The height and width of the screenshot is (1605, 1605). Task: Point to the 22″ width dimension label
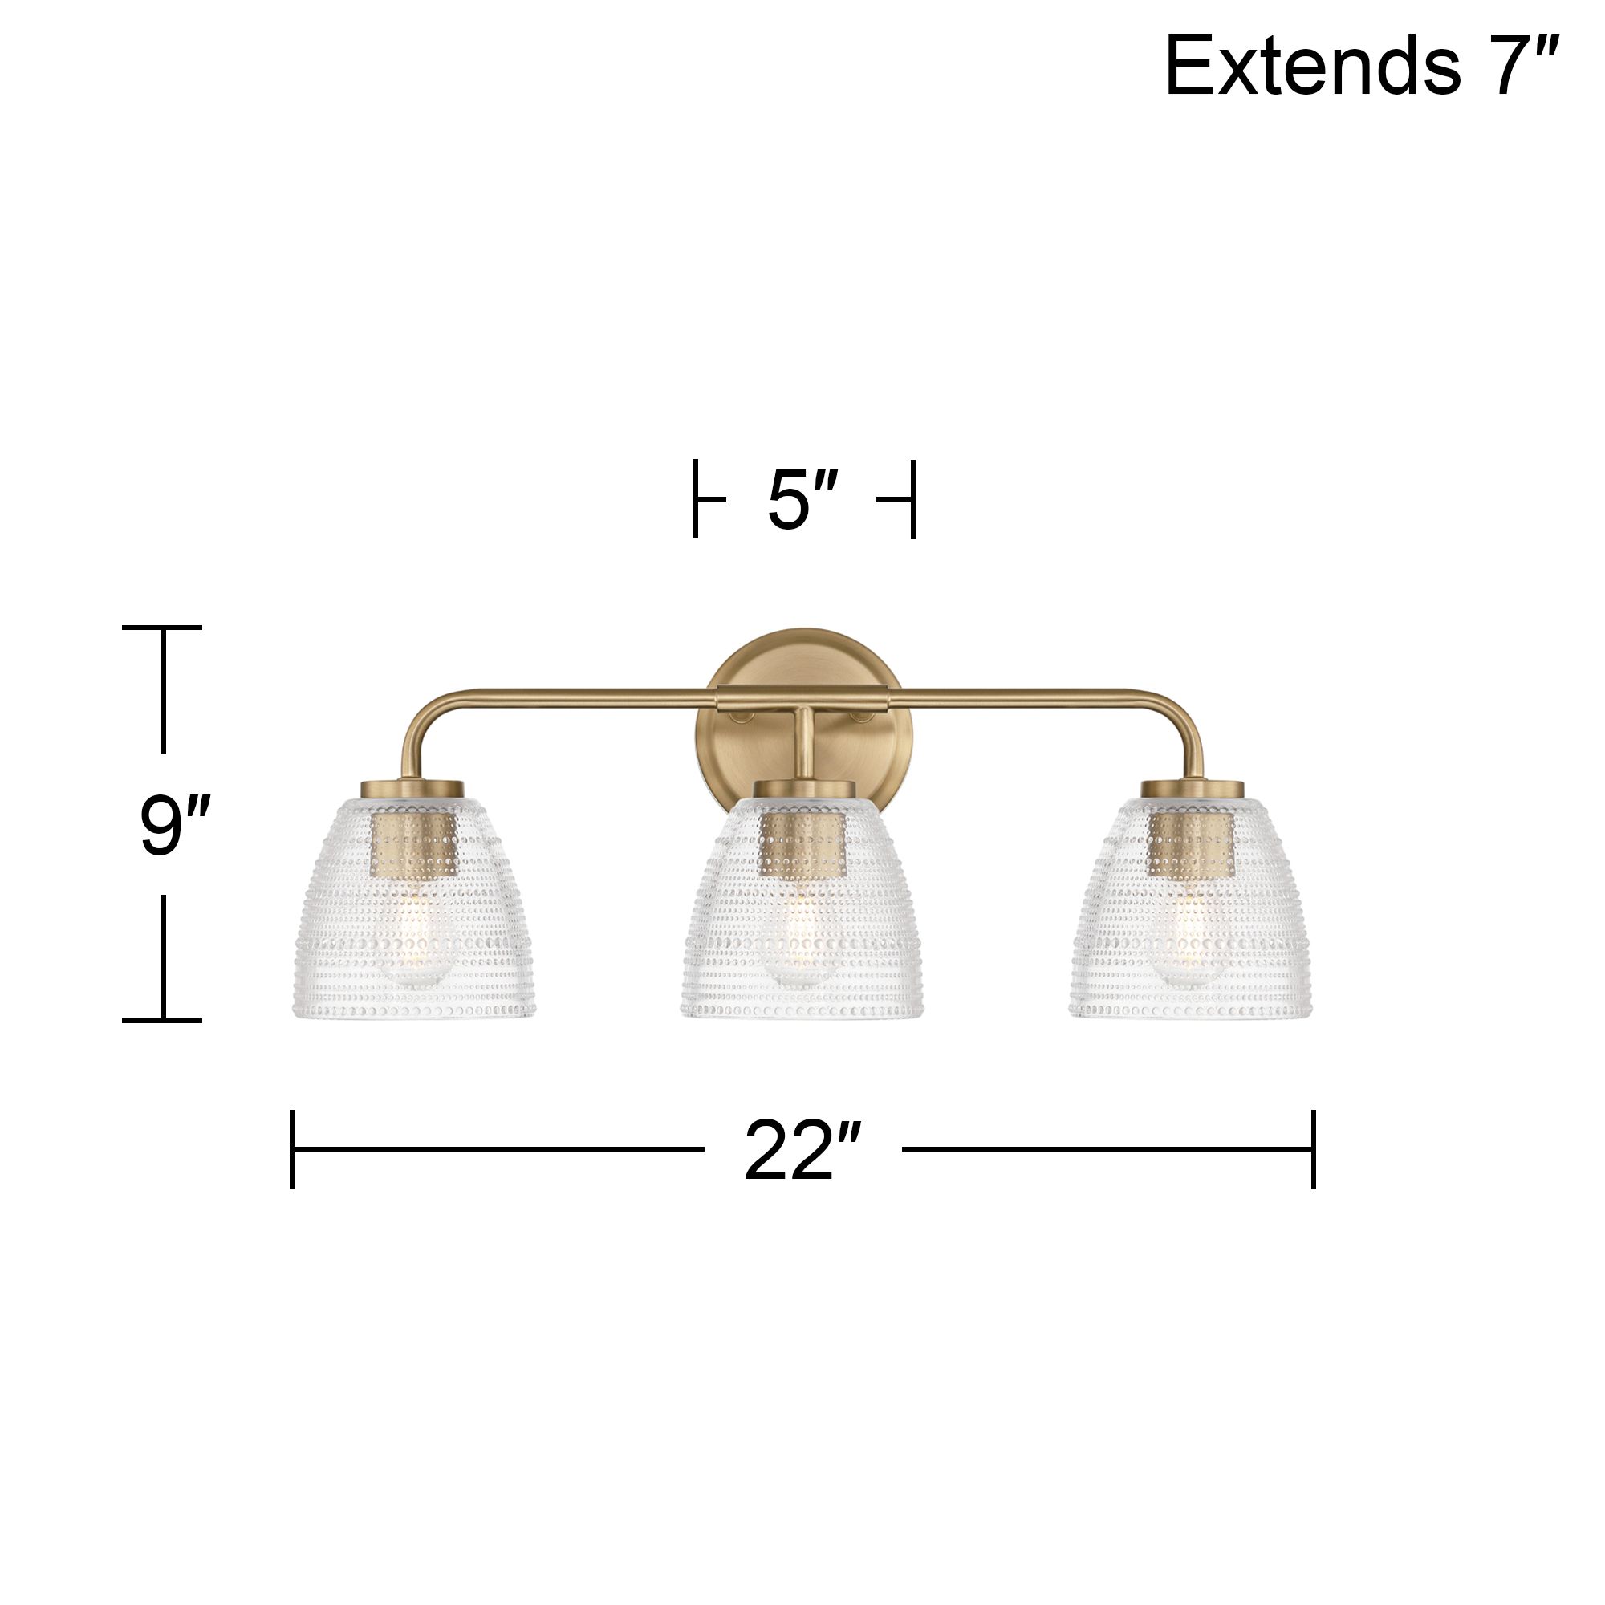(x=802, y=1152)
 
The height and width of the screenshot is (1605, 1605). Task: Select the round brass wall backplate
(x=803, y=664)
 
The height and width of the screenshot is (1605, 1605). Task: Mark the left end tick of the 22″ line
(x=292, y=1149)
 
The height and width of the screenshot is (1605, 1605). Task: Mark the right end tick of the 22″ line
(x=1314, y=1149)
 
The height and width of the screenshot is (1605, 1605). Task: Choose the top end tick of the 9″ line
(x=163, y=628)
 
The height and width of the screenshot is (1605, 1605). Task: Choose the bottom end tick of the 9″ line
(x=163, y=1020)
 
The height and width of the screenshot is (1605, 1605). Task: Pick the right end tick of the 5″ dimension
(x=912, y=499)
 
